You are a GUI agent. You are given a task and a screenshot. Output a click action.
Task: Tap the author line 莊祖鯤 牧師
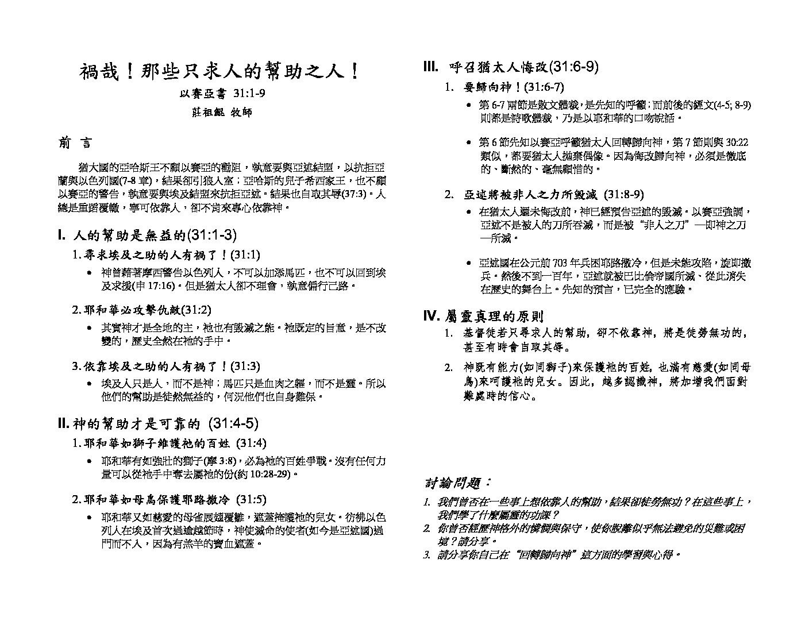221,112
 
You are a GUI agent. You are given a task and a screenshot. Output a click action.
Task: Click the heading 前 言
75,143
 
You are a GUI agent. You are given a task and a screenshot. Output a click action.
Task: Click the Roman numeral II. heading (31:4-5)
159,425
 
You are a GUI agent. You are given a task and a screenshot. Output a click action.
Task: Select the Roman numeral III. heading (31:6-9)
511,67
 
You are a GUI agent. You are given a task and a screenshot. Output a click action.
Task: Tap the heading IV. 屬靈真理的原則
483,316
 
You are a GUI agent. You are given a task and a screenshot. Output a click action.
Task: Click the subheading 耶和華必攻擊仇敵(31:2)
141,310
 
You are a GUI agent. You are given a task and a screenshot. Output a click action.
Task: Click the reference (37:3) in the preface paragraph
353,194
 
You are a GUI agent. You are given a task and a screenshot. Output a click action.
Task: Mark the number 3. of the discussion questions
426,555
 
